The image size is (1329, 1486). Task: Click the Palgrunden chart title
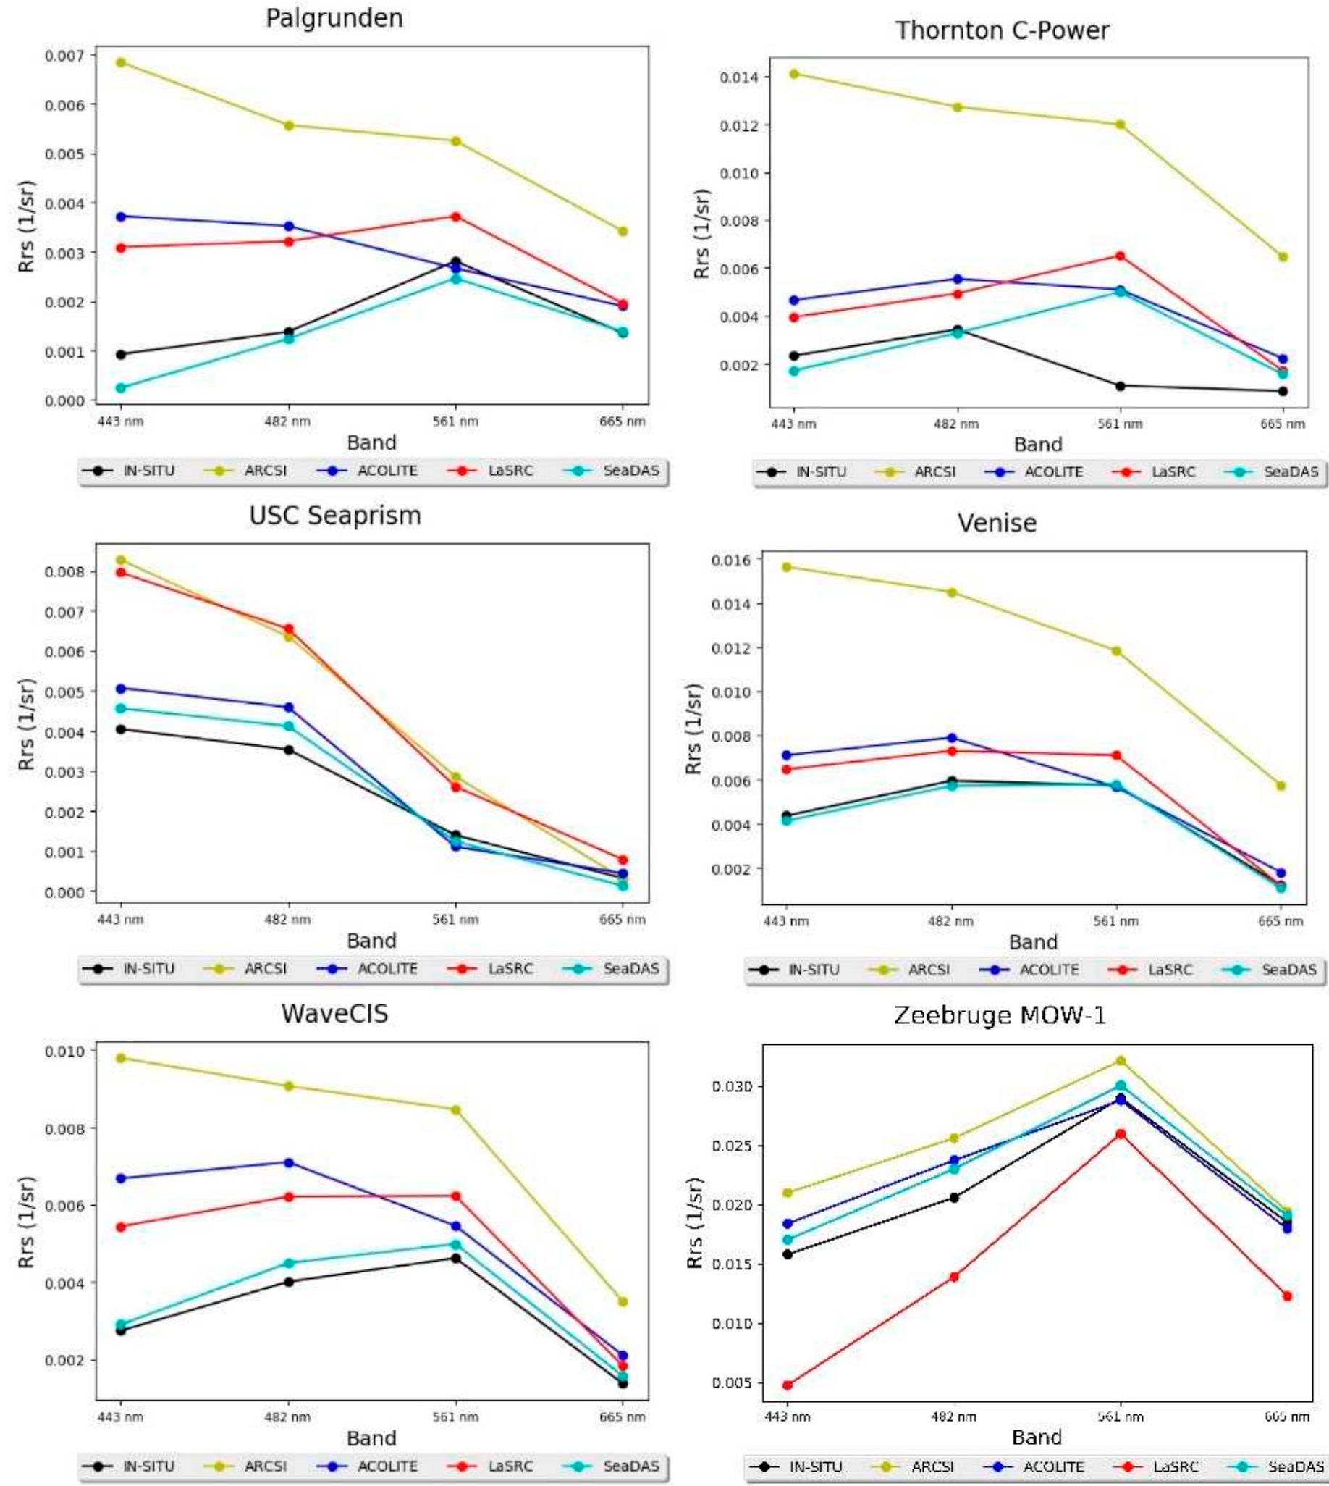point(334,18)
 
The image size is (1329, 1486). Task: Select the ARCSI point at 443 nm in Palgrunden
point(121,63)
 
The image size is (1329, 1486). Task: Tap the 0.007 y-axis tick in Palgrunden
point(64,56)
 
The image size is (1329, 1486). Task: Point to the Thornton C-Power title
point(1002,30)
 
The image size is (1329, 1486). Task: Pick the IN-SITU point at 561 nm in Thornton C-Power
point(1120,386)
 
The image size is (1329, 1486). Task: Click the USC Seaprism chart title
point(335,516)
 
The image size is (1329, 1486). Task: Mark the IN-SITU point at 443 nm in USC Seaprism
point(121,729)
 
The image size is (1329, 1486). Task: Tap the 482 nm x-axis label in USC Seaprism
point(287,919)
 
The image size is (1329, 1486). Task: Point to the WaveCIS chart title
point(334,1014)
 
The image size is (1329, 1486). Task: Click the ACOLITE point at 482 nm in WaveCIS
point(288,1162)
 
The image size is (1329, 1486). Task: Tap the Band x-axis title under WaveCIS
point(371,1437)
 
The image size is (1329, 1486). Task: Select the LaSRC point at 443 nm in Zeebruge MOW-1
point(787,1385)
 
